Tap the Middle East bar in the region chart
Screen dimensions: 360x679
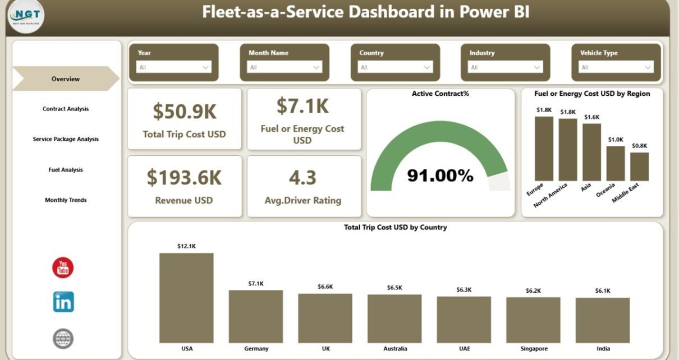[x=639, y=167]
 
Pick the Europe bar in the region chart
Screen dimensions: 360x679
[x=544, y=149]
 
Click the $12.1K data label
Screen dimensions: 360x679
[x=186, y=246]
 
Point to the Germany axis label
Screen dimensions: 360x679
[x=256, y=349]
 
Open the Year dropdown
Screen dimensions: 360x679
[x=173, y=67]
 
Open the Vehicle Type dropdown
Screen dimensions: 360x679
[x=616, y=67]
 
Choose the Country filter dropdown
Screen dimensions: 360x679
[x=395, y=67]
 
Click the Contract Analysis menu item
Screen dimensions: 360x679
[x=66, y=109]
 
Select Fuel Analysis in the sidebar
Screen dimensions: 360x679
[x=66, y=170]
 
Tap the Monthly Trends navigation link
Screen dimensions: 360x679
[x=66, y=200]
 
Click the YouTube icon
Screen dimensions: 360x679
[x=63, y=268]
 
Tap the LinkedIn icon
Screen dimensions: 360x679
[x=63, y=302]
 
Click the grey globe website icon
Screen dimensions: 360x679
[x=63, y=339]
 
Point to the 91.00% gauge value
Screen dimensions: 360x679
[x=441, y=176]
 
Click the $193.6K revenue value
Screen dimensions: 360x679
[x=184, y=178]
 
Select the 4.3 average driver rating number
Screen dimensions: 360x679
[x=302, y=178]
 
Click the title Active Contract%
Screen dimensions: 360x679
[x=441, y=94]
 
